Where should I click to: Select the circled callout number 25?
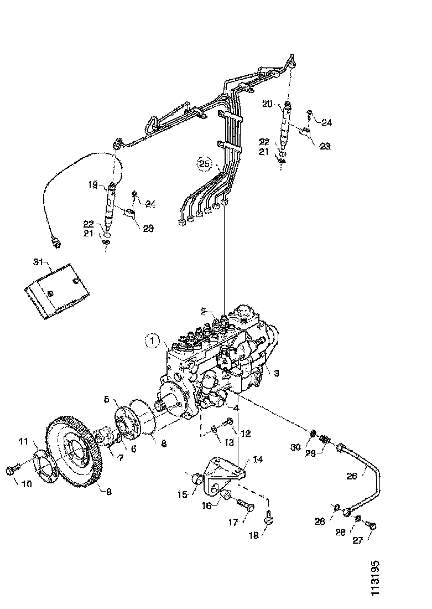point(205,163)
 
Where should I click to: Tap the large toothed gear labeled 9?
point(74,453)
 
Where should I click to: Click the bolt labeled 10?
point(13,470)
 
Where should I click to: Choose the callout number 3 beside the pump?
point(277,373)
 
